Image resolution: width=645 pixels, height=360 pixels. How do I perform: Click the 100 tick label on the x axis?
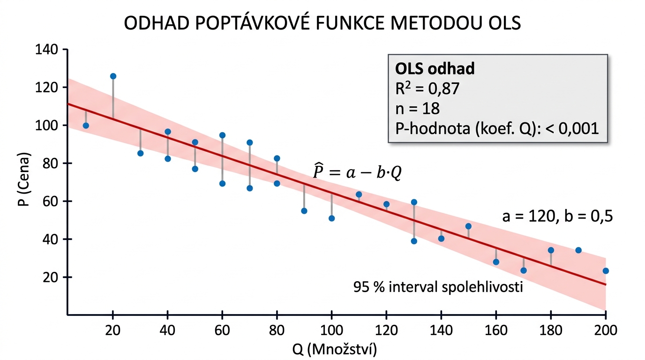click(x=331, y=330)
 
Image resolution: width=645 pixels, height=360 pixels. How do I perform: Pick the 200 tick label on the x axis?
click(x=605, y=330)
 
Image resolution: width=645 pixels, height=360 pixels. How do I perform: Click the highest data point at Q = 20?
click(x=113, y=76)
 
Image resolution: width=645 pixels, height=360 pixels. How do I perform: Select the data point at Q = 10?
click(x=86, y=126)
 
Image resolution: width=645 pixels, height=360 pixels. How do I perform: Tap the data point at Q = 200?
click(x=606, y=271)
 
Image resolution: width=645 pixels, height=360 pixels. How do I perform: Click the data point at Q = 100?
click(x=332, y=218)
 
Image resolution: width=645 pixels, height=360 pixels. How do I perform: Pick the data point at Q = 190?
click(x=578, y=250)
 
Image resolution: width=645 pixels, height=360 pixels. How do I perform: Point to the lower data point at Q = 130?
click(x=414, y=241)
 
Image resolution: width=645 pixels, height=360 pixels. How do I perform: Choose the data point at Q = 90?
click(x=304, y=211)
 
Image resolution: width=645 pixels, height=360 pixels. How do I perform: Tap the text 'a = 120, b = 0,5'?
click(x=557, y=216)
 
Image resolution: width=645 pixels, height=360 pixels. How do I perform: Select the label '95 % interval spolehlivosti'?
click(x=438, y=287)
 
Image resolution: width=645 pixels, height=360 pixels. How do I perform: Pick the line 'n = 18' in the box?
click(x=414, y=109)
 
